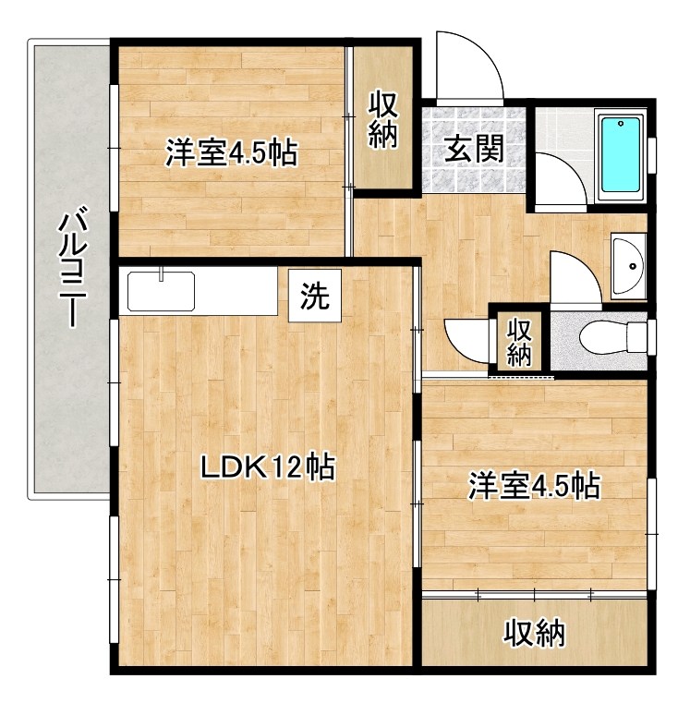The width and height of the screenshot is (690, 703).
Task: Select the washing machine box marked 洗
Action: [x=315, y=296]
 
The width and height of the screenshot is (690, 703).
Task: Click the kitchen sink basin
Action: [x=161, y=291]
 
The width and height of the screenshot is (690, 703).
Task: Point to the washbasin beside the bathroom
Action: [x=627, y=266]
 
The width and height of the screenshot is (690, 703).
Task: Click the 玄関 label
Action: [x=475, y=149]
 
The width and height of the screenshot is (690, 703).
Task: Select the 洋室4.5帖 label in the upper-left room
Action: [x=232, y=152]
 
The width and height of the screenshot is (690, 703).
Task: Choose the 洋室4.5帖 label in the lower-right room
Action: [x=534, y=486]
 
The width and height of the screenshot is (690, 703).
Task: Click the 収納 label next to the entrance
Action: [x=383, y=120]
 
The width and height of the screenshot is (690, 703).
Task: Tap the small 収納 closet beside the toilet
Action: [x=519, y=342]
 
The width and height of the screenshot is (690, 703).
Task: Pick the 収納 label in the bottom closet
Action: [x=535, y=633]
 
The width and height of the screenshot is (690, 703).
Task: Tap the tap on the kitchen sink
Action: [x=161, y=273]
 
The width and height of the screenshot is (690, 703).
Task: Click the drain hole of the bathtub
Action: [x=621, y=123]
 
